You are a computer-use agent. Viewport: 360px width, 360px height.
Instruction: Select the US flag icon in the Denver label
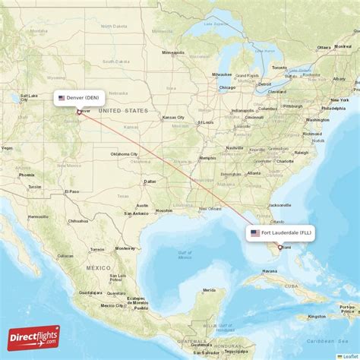(62, 97)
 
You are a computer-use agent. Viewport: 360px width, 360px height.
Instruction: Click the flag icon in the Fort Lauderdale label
(255, 232)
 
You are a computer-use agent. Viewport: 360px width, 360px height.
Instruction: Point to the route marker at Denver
(79, 112)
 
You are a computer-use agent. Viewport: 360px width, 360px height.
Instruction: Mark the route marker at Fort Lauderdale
(279, 247)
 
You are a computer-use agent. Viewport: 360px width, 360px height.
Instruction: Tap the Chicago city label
(227, 87)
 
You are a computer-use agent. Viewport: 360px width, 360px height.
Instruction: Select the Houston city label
(163, 210)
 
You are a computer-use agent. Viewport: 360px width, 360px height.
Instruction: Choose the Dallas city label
(150, 181)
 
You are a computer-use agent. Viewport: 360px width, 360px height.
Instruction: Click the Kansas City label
(173, 117)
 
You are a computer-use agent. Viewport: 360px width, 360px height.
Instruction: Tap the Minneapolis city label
(173, 52)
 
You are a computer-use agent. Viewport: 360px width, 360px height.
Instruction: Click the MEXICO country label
(99, 267)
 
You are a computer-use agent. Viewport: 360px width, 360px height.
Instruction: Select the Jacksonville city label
(279, 205)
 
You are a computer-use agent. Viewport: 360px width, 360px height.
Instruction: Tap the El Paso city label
(71, 191)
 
